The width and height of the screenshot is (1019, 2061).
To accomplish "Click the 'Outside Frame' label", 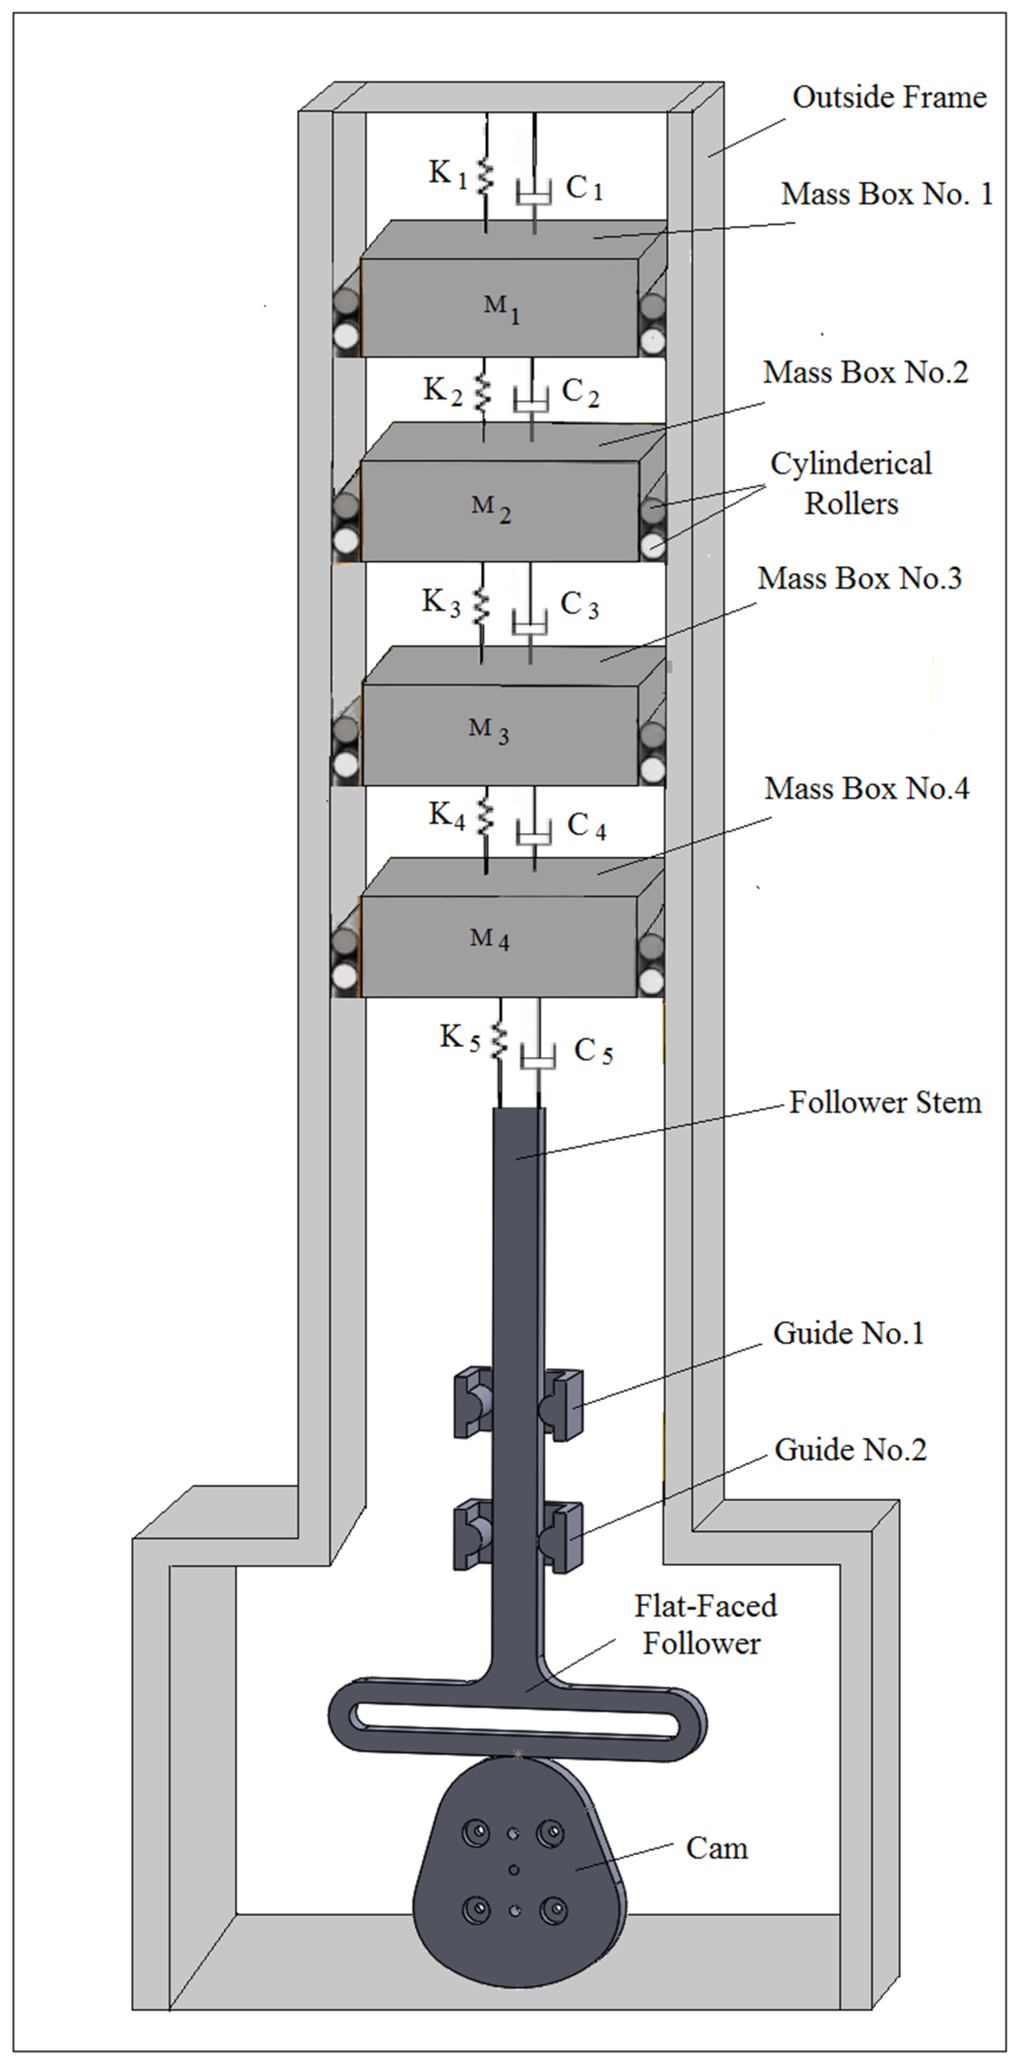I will [x=888, y=98].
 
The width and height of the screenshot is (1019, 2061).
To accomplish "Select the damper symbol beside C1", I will [x=534, y=192].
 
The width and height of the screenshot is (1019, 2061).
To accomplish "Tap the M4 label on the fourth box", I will [x=489, y=939].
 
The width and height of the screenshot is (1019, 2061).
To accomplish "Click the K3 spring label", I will [x=441, y=602].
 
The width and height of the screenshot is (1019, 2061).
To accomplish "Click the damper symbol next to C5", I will [x=538, y=1058].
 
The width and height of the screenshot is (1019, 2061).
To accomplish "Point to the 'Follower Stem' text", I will [x=885, y=1102].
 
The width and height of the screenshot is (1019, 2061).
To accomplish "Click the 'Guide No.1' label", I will [x=848, y=1334].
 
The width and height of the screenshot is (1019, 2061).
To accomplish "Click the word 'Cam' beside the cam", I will [x=717, y=1848].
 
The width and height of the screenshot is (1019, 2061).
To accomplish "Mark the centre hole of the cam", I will [x=514, y=1870].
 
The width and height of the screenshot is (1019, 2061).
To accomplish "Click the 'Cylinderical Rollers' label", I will [x=851, y=483].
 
